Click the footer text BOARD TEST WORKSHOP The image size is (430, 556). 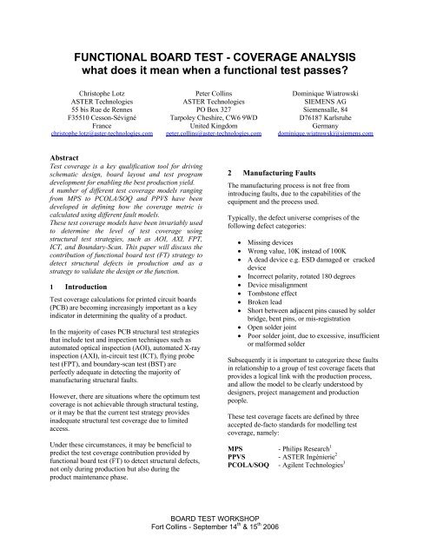[x=215, y=535]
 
